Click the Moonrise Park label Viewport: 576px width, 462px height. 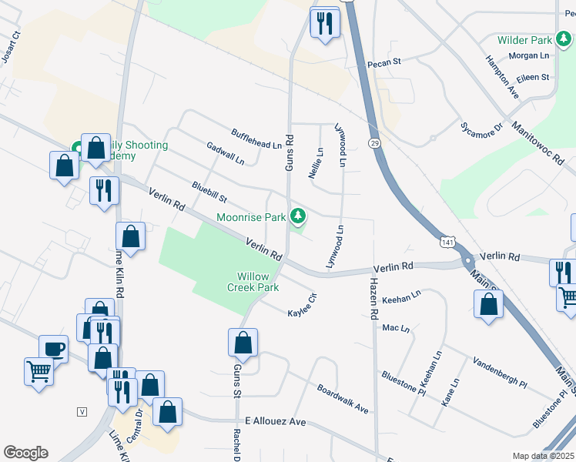pyautogui.click(x=251, y=218)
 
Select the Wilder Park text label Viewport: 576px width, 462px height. pyautogui.click(x=525, y=39)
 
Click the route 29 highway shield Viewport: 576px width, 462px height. pyautogui.click(x=374, y=143)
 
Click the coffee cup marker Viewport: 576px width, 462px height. pyautogui.click(x=53, y=348)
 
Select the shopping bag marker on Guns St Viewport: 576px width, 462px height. pyautogui.click(x=243, y=342)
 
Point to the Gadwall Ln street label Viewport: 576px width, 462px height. pyautogui.click(x=225, y=152)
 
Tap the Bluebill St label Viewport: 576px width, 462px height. pyautogui.click(x=209, y=192)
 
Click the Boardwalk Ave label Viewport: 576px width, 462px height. pyautogui.click(x=343, y=399)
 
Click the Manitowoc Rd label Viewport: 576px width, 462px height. pyautogui.click(x=537, y=139)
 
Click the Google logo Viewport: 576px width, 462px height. pyautogui.click(x=25, y=453)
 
